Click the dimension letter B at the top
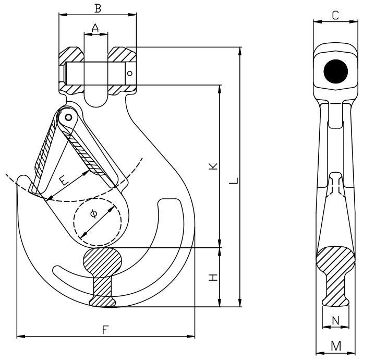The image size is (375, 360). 97,8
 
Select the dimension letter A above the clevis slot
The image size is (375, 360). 95,28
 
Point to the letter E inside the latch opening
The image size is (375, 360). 63,181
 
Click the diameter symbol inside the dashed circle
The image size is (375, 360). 93,213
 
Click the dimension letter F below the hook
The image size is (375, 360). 105,329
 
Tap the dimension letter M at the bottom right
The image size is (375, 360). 336,345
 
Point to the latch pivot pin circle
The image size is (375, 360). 67,117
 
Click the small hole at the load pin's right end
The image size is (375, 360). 130,73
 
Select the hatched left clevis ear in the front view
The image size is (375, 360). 71,55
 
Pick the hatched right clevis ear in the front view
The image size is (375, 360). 122,55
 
